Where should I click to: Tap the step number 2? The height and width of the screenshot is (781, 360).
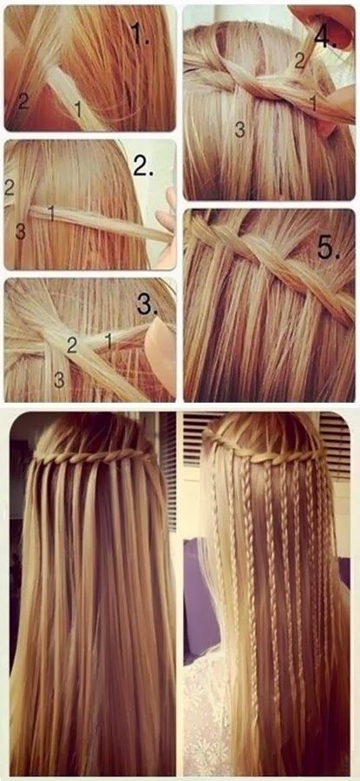pyautogui.click(x=143, y=167)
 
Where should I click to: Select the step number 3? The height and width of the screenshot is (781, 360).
pyautogui.click(x=147, y=305)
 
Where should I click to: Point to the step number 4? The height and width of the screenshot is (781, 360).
pyautogui.click(x=325, y=36)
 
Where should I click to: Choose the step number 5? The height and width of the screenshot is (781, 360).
pyautogui.click(x=328, y=248)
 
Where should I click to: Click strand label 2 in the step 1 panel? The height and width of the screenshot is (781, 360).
pyautogui.click(x=23, y=102)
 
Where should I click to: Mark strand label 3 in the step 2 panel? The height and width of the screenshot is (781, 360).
pyautogui.click(x=20, y=232)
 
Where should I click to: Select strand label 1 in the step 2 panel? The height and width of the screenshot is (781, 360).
pyautogui.click(x=50, y=213)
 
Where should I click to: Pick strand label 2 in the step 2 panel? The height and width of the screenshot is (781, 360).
pyautogui.click(x=10, y=187)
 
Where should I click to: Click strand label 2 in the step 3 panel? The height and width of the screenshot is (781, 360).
pyautogui.click(x=72, y=345)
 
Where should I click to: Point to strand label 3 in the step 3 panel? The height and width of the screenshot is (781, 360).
pyautogui.click(x=59, y=381)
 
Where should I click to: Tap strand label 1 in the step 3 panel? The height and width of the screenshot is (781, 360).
pyautogui.click(x=107, y=342)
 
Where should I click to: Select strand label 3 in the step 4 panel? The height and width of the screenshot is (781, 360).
pyautogui.click(x=240, y=130)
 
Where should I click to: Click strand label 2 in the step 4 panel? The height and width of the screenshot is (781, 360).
pyautogui.click(x=298, y=61)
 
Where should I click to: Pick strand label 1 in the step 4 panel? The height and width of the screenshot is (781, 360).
pyautogui.click(x=313, y=103)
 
